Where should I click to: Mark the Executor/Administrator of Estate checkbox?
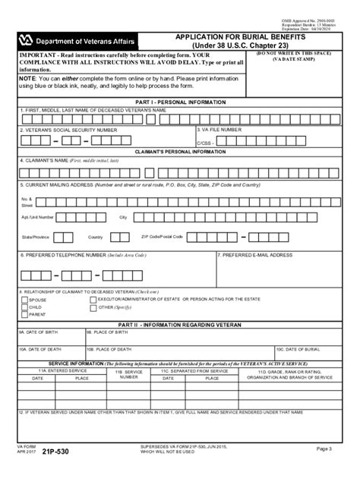[92, 300]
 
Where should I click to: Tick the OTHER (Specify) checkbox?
[92, 307]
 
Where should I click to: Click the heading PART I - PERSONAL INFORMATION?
[179, 101]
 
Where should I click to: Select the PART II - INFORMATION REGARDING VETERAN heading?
[179, 324]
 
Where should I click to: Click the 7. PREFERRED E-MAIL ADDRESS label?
[255, 255]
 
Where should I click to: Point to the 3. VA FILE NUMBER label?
[219, 130]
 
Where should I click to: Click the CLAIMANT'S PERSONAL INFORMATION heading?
[179, 153]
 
